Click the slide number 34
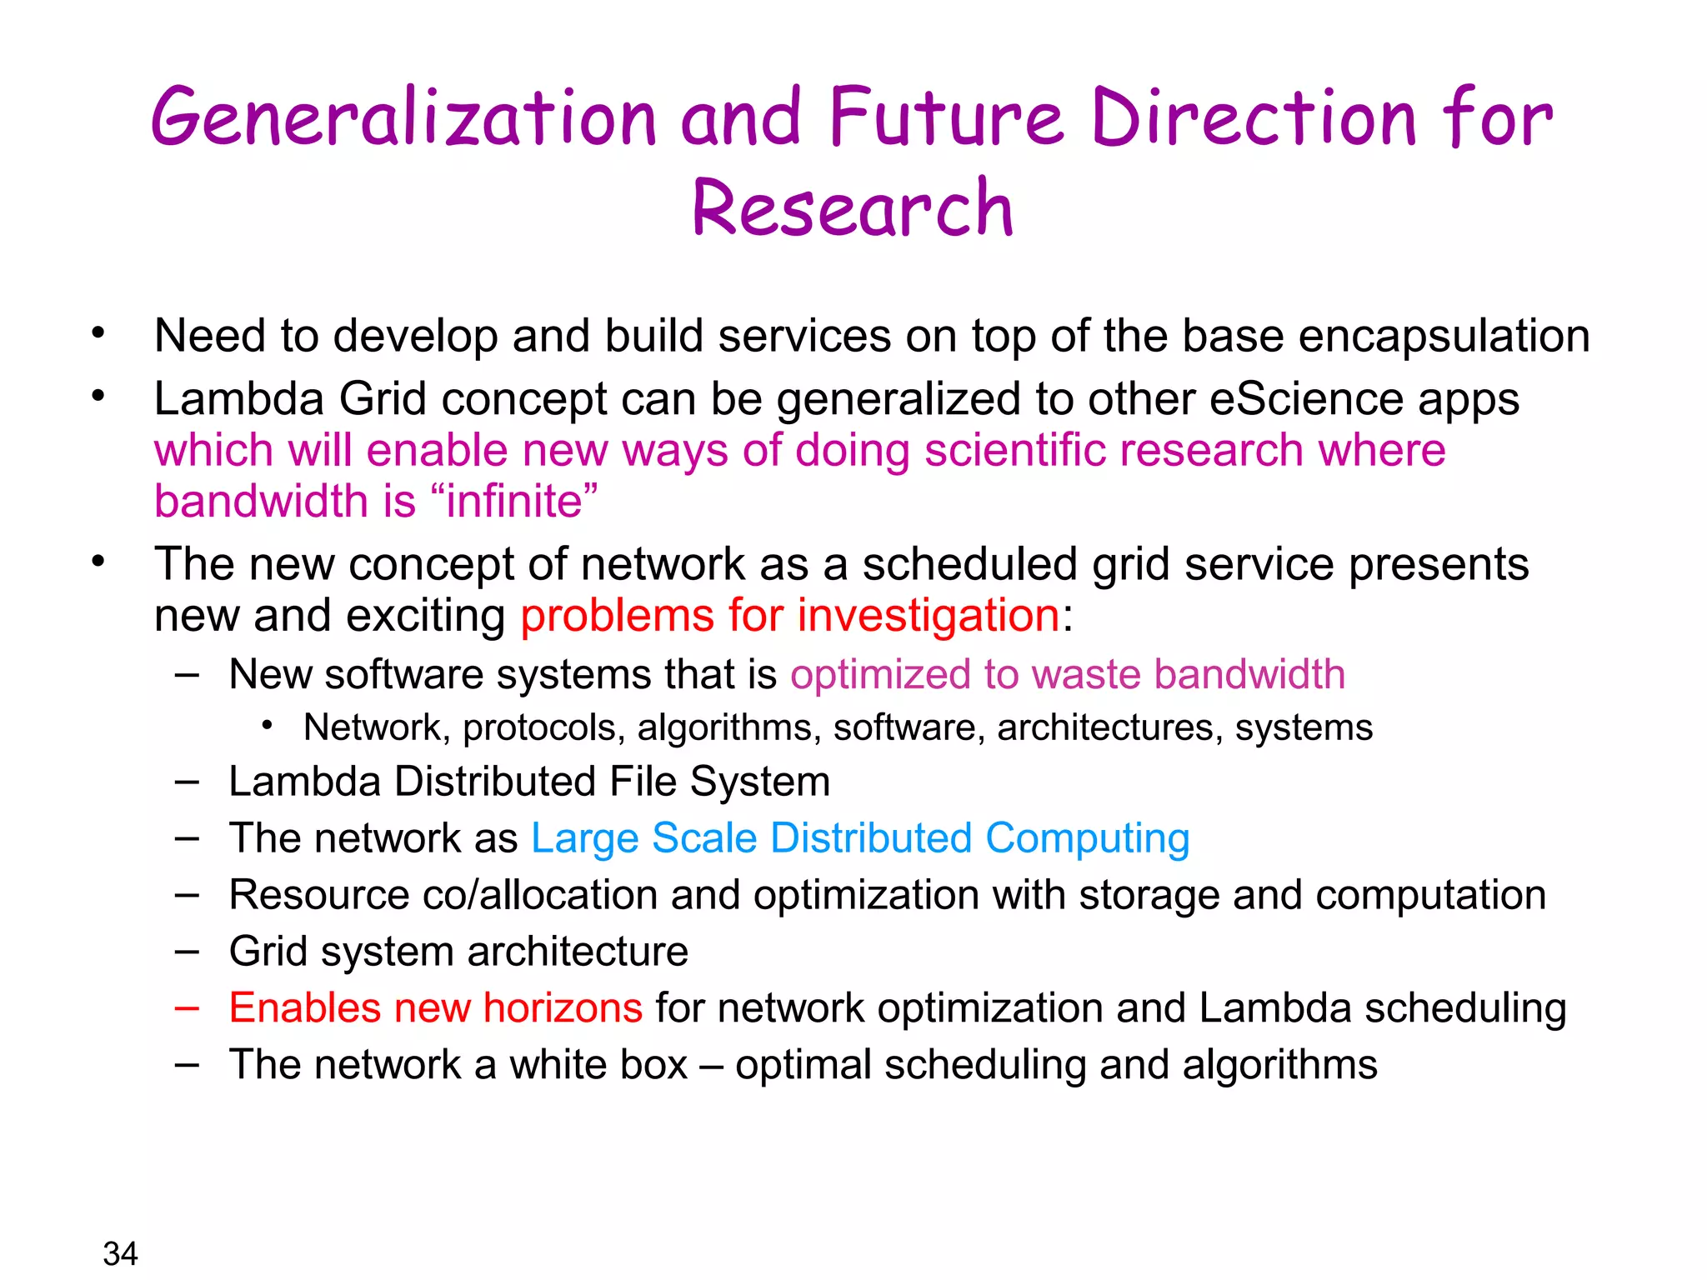click(120, 1253)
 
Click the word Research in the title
click(853, 208)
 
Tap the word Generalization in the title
click(403, 118)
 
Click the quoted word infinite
click(514, 502)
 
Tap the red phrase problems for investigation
click(790, 616)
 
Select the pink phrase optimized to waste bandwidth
click(1068, 674)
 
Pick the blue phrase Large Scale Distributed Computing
click(860, 838)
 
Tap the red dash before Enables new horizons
click(187, 1007)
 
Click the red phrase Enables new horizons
click(435, 1007)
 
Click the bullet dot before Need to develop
click(98, 333)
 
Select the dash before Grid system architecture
click(187, 951)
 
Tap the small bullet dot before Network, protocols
click(267, 726)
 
